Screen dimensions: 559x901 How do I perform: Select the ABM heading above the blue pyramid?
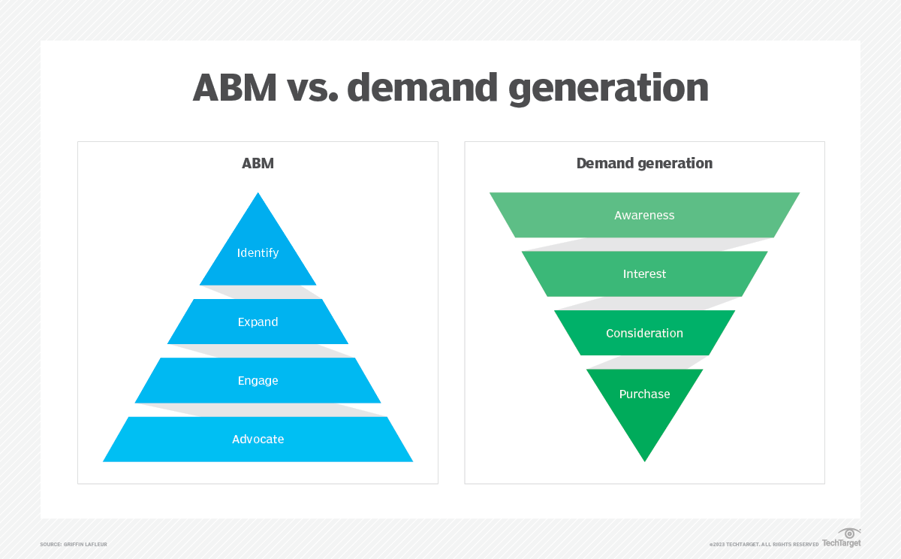pos(258,163)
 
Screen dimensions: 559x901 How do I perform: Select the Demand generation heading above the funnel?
pos(644,163)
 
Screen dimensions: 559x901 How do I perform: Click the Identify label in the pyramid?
pos(258,253)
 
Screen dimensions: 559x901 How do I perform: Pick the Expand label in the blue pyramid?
pos(258,322)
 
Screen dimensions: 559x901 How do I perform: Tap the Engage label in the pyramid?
pos(258,381)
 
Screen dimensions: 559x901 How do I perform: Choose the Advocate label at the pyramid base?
pos(258,440)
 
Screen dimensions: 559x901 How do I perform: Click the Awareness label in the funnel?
pos(644,216)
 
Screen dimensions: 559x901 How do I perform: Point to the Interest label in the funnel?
pos(644,274)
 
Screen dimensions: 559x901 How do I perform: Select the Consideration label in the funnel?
pos(644,334)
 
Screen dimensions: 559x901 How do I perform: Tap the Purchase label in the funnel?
pos(644,394)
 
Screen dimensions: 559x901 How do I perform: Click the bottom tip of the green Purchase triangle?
pos(644,458)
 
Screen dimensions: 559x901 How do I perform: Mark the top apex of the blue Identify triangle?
pos(258,195)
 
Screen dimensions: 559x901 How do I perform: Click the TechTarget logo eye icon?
pos(850,533)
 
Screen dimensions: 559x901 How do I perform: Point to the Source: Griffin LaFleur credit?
pos(74,544)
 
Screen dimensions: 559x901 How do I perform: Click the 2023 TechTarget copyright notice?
pos(764,544)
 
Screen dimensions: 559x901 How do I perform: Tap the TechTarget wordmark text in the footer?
pos(841,543)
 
